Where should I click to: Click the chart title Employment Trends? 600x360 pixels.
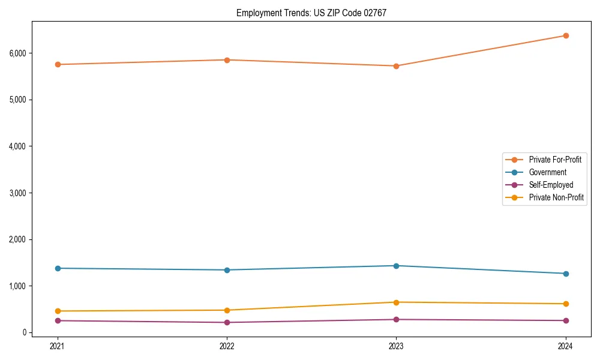[x=311, y=13]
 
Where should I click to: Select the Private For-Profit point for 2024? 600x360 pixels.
[x=566, y=35]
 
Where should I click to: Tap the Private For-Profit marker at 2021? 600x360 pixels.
[x=58, y=64]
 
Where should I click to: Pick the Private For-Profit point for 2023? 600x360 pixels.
[x=396, y=66]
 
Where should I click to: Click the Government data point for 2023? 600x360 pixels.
[x=396, y=266]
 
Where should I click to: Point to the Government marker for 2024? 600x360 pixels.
[x=566, y=274]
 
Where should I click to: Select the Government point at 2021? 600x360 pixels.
[x=58, y=268]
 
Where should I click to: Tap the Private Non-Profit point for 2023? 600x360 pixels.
[x=396, y=302]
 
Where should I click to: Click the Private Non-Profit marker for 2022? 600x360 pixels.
[x=227, y=310]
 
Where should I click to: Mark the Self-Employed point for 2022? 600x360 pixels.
[x=227, y=323]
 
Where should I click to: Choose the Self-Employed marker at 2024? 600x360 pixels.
[x=566, y=320]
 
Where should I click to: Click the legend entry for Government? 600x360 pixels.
[x=547, y=172]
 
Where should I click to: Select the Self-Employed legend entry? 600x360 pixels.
[x=551, y=185]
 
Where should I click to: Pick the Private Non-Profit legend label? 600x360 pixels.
[x=556, y=197]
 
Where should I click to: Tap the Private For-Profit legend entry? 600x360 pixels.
[x=555, y=160]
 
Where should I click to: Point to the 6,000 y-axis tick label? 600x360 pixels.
[x=17, y=53]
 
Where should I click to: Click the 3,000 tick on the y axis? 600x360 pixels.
[x=17, y=193]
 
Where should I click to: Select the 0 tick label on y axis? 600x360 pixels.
[x=24, y=332]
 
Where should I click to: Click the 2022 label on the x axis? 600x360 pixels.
[x=227, y=346]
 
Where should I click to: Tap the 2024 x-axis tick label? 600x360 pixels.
[x=566, y=346]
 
